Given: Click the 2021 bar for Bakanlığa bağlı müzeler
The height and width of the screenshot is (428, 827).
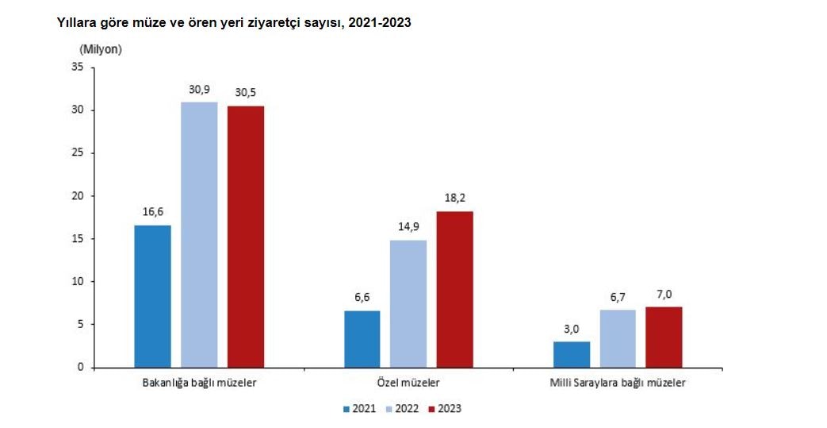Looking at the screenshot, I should (x=152, y=296).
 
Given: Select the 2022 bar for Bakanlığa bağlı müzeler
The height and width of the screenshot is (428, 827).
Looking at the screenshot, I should (x=199, y=235).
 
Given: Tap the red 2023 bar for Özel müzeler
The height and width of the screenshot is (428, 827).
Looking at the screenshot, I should (x=455, y=289).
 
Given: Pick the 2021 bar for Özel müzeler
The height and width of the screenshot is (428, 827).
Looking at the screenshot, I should (x=362, y=339).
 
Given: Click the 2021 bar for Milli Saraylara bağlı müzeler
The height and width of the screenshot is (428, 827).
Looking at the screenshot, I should (x=572, y=354).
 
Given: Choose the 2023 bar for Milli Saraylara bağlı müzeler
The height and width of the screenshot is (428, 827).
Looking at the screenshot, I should (x=664, y=337).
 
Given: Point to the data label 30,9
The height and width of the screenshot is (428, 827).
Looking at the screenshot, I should (x=199, y=90).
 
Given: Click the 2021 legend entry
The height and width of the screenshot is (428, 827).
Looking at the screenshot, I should (x=359, y=409).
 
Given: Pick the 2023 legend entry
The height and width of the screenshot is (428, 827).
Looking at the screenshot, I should (x=444, y=409).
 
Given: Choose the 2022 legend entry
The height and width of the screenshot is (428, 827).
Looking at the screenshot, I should (x=402, y=409).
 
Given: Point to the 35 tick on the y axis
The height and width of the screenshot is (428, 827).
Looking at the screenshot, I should (x=78, y=67).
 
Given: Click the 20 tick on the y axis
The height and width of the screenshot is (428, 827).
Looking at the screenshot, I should (x=78, y=196).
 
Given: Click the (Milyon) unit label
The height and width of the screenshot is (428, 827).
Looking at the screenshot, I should (x=100, y=49).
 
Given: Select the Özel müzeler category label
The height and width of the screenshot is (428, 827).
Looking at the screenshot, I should (x=409, y=383).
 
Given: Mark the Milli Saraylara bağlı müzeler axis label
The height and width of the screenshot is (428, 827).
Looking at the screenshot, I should (x=618, y=383).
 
